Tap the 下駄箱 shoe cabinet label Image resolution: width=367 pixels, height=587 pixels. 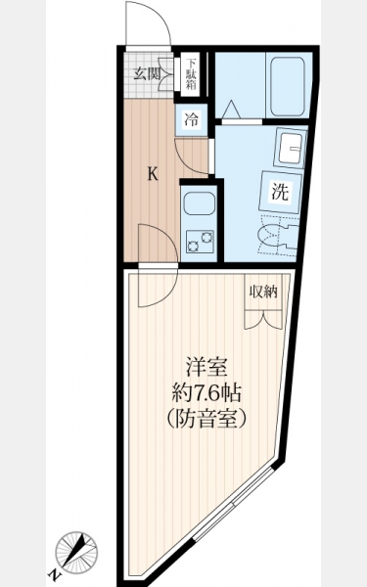tap(192, 73)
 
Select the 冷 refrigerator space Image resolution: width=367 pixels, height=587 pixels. tap(192, 119)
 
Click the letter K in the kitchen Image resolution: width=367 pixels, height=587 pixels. tap(153, 174)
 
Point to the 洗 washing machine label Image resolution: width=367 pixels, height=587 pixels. tap(280, 192)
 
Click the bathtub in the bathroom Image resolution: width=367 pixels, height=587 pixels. tap(287, 86)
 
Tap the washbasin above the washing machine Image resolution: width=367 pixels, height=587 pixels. tap(291, 149)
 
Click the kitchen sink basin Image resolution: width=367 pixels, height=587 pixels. tap(200, 204)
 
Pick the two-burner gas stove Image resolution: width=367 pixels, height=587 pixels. tap(200, 242)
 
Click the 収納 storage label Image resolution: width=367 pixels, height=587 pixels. tap(263, 292)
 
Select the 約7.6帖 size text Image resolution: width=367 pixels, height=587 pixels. tap(206, 393)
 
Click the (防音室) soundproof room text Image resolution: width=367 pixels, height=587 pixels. tap(206, 419)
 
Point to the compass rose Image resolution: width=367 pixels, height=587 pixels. tap(76, 552)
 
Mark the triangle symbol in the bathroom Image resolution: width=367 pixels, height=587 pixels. tap(231, 110)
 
